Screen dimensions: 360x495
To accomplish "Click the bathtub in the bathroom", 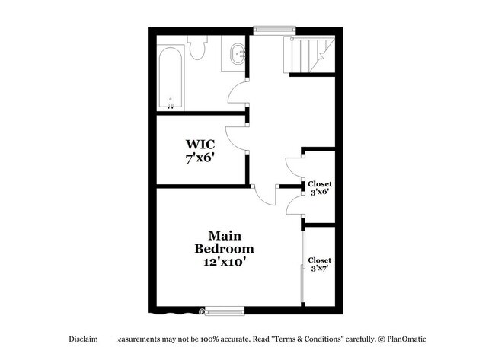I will pyautogui.click(x=170, y=80).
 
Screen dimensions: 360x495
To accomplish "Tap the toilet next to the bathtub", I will pyautogui.click(x=199, y=49).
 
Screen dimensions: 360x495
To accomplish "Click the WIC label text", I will pyautogui.click(x=200, y=145).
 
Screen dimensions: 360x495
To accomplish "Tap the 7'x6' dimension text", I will pyautogui.click(x=200, y=160).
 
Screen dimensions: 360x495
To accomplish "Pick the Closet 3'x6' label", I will pyautogui.click(x=320, y=189).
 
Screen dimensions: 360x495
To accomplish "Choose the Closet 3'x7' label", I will pyautogui.click(x=320, y=265).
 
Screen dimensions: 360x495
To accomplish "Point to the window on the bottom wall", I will pyautogui.click(x=224, y=310).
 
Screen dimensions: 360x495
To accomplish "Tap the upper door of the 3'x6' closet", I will pyautogui.click(x=293, y=168).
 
